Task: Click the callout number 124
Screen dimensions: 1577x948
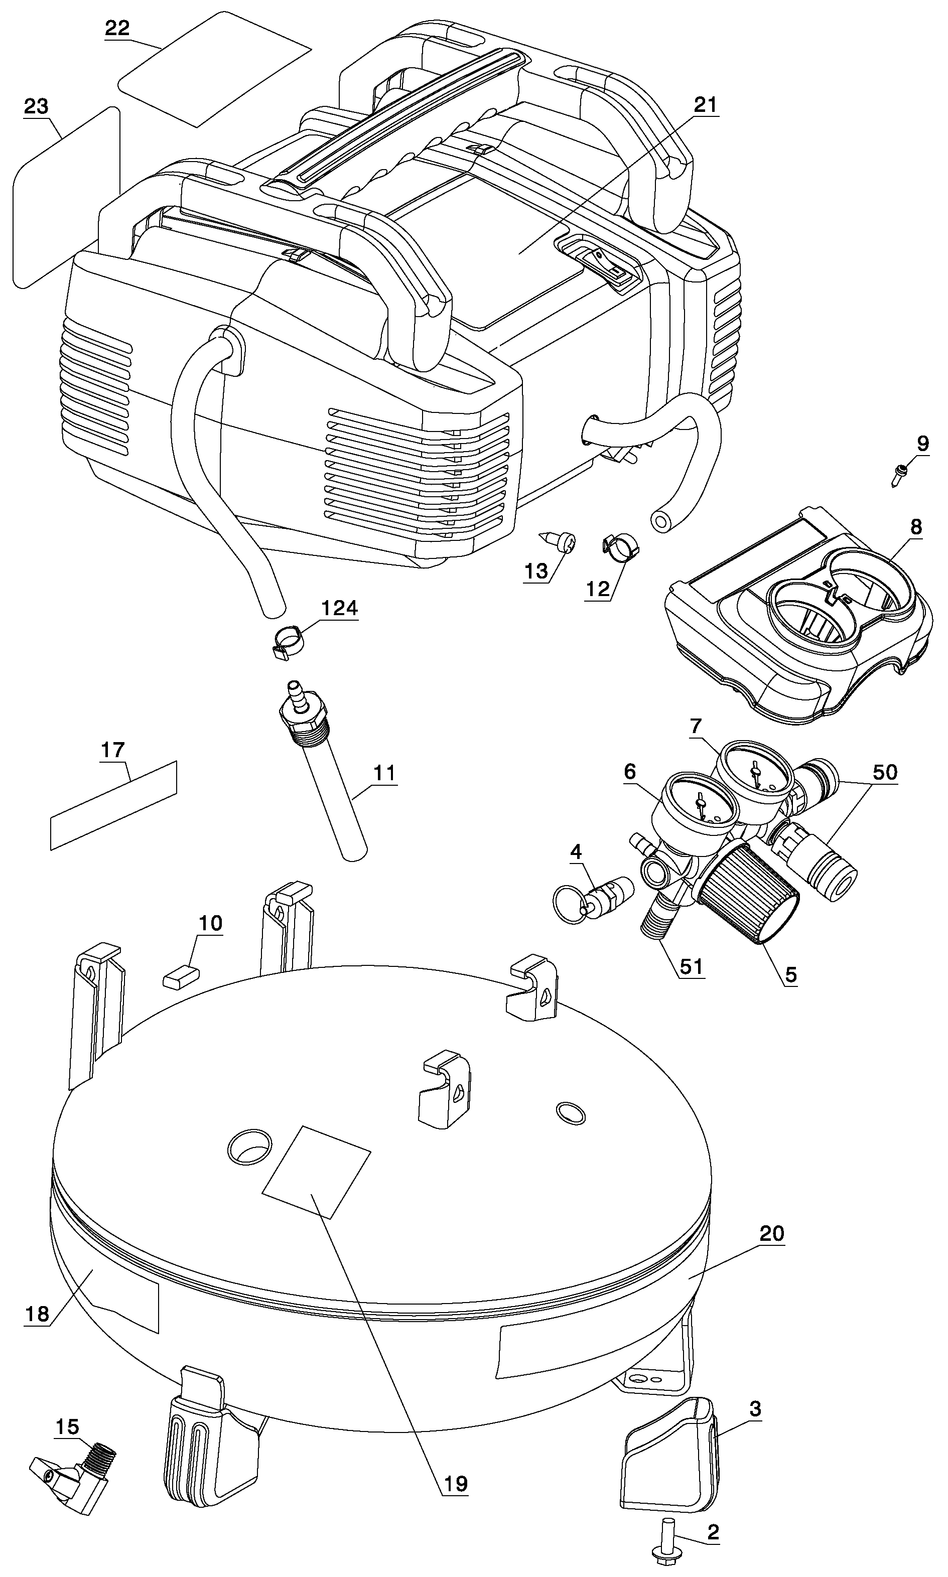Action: pyautogui.click(x=339, y=608)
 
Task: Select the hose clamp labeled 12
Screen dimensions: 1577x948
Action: pyautogui.click(x=620, y=545)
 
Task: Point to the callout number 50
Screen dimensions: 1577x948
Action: pyautogui.click(x=885, y=772)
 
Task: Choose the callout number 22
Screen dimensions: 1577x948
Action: pyautogui.click(x=117, y=28)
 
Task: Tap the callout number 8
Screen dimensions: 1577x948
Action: pyautogui.click(x=916, y=526)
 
